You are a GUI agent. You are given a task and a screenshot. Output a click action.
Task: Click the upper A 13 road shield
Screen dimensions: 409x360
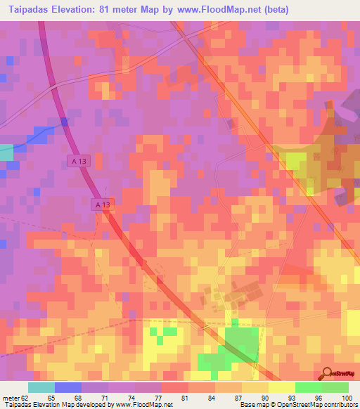[80, 162]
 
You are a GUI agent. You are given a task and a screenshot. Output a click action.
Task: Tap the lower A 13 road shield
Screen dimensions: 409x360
[103, 204]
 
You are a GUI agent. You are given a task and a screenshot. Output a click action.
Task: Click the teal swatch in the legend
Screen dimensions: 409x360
[41, 387]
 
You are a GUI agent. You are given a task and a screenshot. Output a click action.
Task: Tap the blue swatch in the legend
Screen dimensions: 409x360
[68, 387]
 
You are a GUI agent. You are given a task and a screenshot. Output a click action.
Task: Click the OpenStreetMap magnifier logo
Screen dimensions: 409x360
[328, 372]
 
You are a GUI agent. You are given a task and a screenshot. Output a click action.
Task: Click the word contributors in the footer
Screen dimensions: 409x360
[340, 405]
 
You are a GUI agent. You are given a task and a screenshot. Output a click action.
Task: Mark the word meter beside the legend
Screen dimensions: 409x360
[10, 398]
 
